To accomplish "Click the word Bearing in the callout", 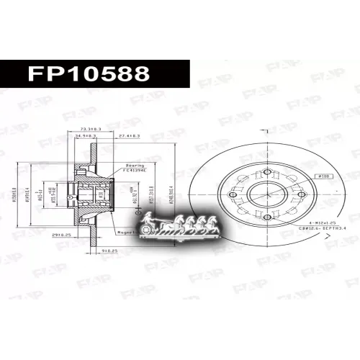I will tap(135, 165).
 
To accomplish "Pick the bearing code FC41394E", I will tap(135, 171).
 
